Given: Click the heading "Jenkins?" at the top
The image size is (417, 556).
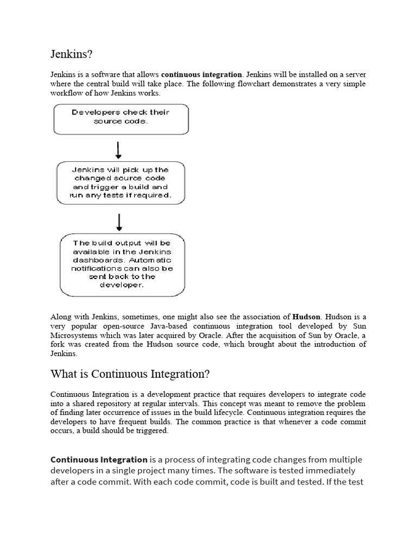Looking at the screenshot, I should pyautogui.click(x=72, y=54).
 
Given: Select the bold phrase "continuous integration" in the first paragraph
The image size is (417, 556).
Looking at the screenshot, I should pyautogui.click(x=201, y=74).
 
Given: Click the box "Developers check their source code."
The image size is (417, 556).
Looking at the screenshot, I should pyautogui.click(x=121, y=118).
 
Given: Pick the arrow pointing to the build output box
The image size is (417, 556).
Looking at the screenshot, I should pyautogui.click(x=119, y=222).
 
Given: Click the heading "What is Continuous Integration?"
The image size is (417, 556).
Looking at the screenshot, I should pyautogui.click(x=130, y=374).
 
